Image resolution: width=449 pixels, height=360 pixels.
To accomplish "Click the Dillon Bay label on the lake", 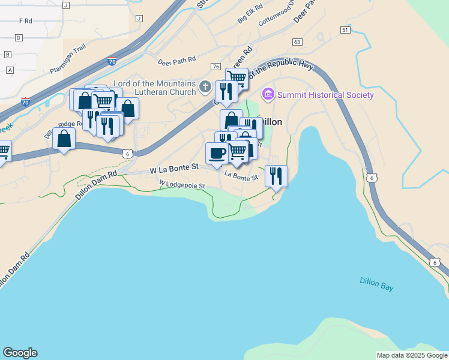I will click(376, 283).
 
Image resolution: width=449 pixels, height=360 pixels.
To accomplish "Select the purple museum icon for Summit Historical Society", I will click(268, 95).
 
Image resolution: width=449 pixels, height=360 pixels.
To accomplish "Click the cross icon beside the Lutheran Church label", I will click(205, 88).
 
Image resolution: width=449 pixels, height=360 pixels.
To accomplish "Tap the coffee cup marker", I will click(216, 152).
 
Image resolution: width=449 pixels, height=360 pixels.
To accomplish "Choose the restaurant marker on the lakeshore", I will click(276, 176).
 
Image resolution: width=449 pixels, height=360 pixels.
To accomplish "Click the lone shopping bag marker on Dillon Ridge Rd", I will click(64, 138).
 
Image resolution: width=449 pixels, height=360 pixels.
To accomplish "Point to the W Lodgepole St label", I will click(182, 184).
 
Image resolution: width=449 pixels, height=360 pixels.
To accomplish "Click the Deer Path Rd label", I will click(177, 60).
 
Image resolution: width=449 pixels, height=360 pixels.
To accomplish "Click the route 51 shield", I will click(345, 29).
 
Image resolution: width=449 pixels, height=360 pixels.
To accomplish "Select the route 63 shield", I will click(297, 42).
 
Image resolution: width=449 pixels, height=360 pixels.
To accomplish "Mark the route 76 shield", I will click(215, 66).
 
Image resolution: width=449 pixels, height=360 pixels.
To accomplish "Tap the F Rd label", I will click(25, 20).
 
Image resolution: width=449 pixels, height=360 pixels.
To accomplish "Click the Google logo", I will click(20, 353).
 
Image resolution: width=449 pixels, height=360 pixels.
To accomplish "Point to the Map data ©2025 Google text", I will click(412, 355).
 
